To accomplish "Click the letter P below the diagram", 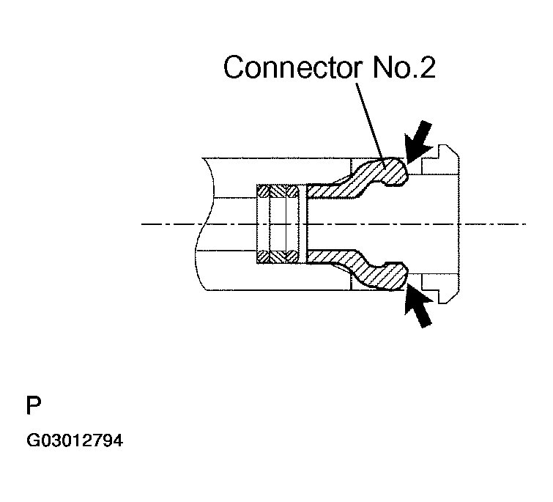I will click(33, 405).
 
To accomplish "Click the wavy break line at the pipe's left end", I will click(203, 224).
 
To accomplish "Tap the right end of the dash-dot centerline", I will click(524, 224).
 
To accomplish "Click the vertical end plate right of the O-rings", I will click(303, 224).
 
